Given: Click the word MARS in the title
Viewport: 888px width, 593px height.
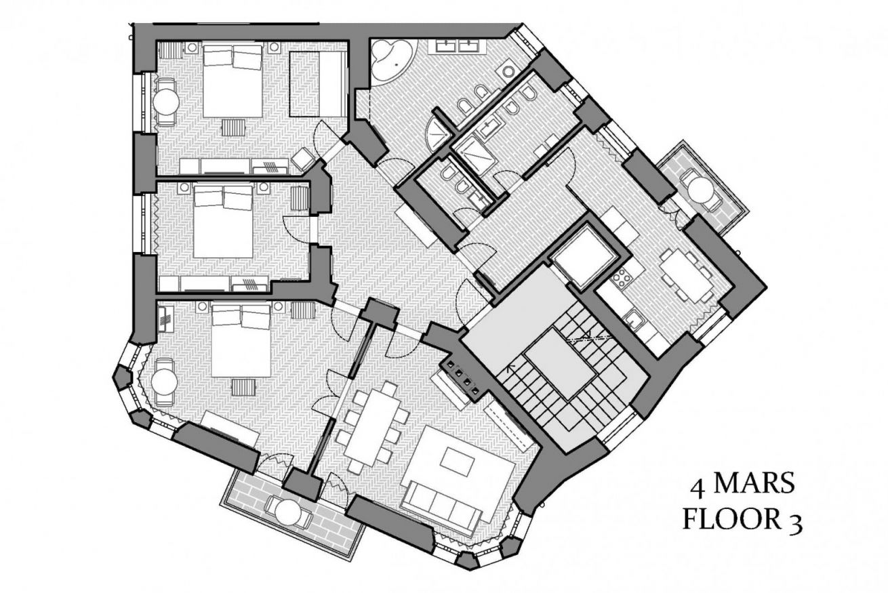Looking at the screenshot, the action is (x=754, y=483).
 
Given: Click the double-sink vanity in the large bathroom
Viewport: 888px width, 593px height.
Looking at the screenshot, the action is (x=460, y=45).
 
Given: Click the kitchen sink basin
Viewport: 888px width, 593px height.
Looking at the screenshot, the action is (x=636, y=319).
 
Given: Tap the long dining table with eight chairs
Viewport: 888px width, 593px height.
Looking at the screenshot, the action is (x=374, y=429).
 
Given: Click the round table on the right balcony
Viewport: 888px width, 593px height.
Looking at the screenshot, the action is (x=700, y=188).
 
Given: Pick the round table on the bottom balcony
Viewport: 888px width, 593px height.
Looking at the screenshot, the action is (x=289, y=512).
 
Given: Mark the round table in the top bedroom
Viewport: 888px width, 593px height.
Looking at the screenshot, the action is (x=166, y=102).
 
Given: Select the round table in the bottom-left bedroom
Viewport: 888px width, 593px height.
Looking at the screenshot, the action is (x=164, y=382).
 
